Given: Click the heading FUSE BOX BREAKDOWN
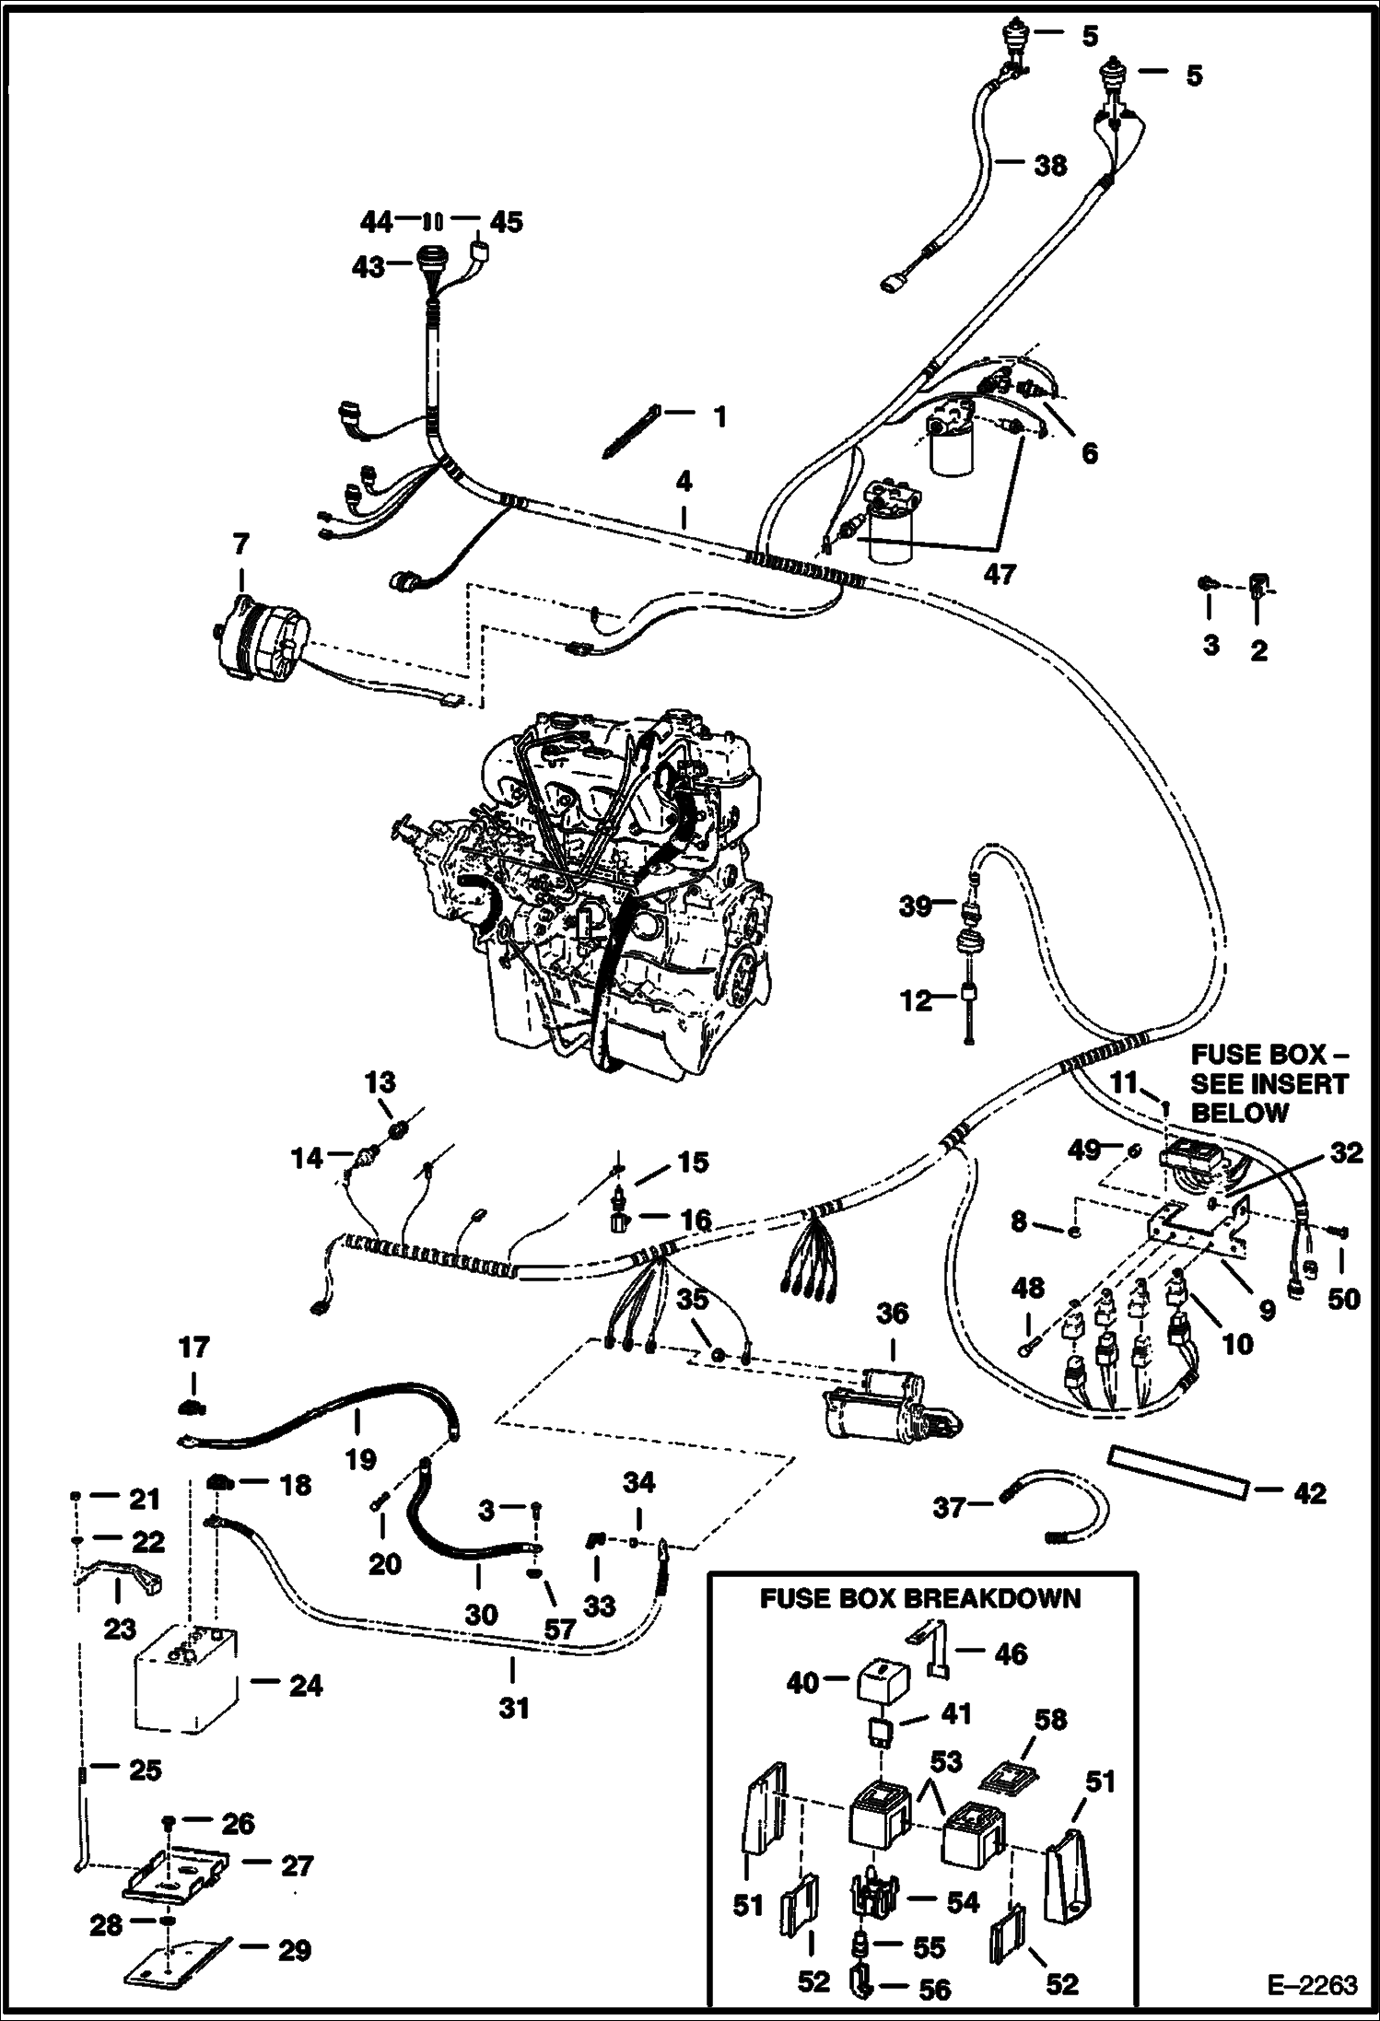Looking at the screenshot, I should coord(919,1598).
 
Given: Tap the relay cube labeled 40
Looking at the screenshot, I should coord(883,1683).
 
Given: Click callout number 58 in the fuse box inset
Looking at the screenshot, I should coord(1049,1719).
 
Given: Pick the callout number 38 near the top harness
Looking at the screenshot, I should coord(1050,166).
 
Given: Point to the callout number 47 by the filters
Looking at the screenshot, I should coord(999,573).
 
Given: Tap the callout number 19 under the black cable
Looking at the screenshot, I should coord(361,1458).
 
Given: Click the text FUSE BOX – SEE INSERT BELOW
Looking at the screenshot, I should coord(1269,1083).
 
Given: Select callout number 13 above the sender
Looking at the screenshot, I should coord(380,1081).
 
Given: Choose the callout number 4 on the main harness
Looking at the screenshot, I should coord(683,481).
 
